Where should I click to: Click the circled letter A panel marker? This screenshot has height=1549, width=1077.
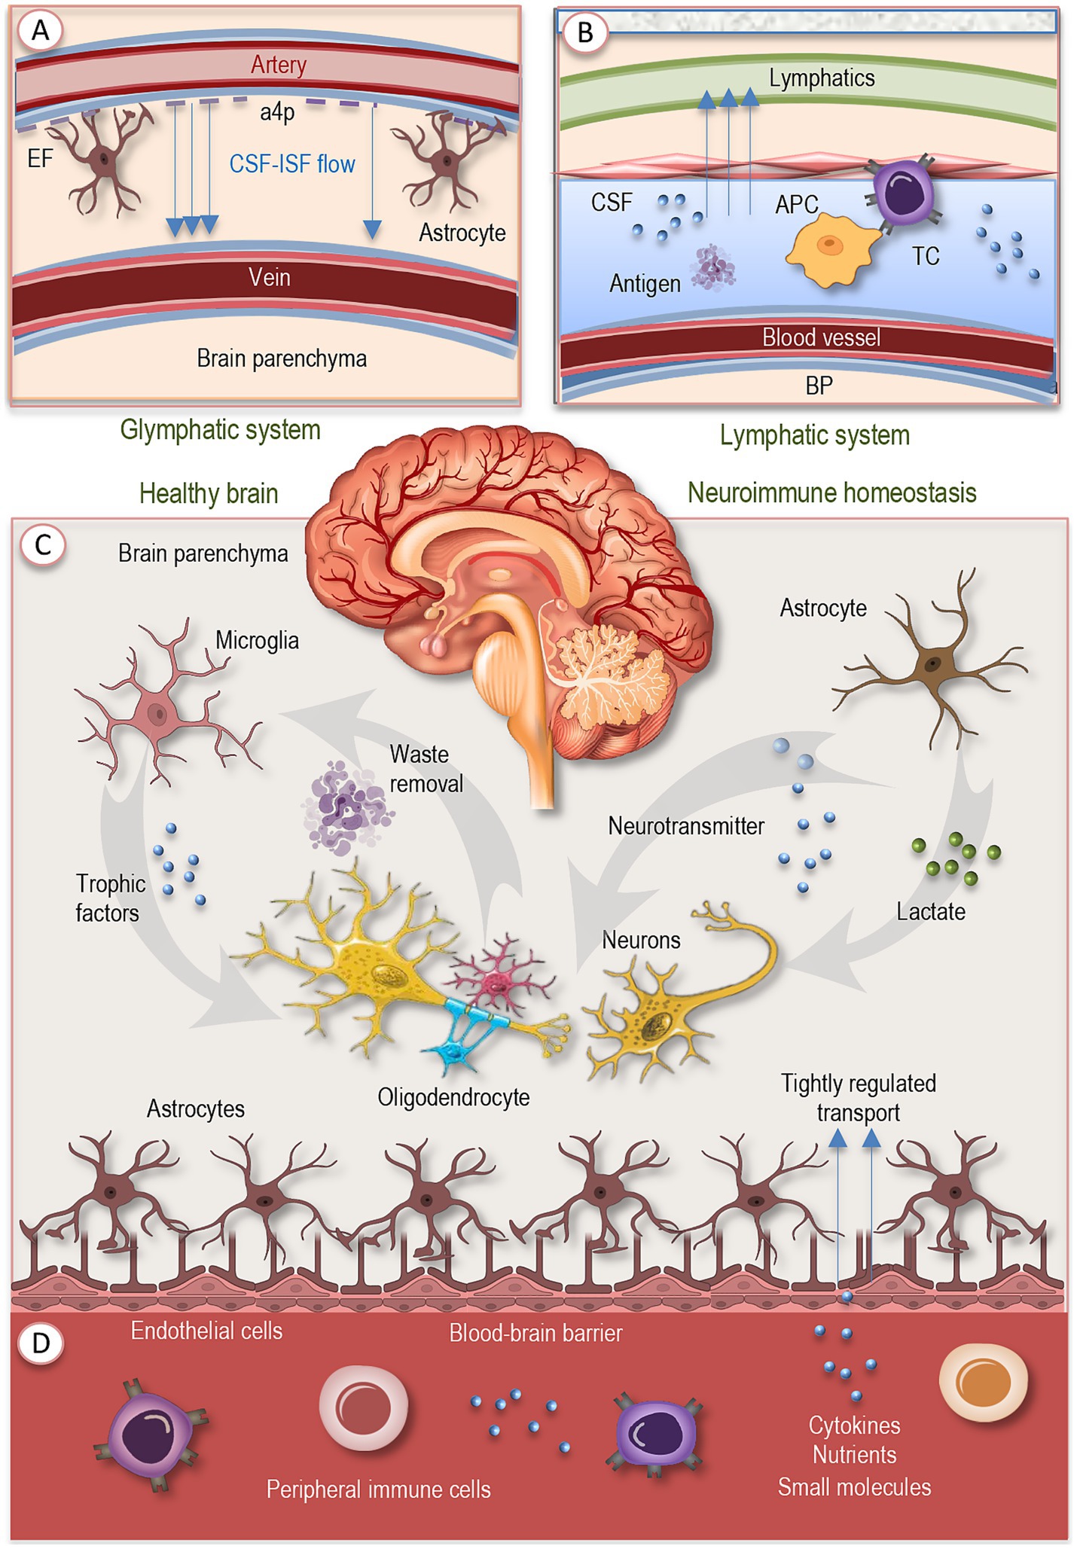click(x=41, y=31)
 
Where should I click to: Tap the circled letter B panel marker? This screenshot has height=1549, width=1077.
click(x=584, y=32)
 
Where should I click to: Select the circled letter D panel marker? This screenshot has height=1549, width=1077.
click(x=41, y=1343)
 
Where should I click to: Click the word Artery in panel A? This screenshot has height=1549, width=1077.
click(x=279, y=65)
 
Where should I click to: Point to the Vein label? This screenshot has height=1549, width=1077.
click(x=269, y=278)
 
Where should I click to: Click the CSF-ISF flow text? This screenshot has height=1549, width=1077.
click(x=292, y=164)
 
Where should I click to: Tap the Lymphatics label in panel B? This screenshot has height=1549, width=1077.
click(x=822, y=78)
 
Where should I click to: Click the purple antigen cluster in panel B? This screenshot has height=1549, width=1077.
click(x=712, y=268)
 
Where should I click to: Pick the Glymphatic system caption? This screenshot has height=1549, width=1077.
click(x=220, y=430)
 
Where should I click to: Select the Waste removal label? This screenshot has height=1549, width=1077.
click(x=426, y=769)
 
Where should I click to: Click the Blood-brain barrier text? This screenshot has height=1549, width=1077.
click(x=535, y=1333)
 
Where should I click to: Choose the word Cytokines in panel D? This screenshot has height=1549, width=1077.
click(x=854, y=1425)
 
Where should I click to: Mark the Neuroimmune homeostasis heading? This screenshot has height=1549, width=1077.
click(x=831, y=492)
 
